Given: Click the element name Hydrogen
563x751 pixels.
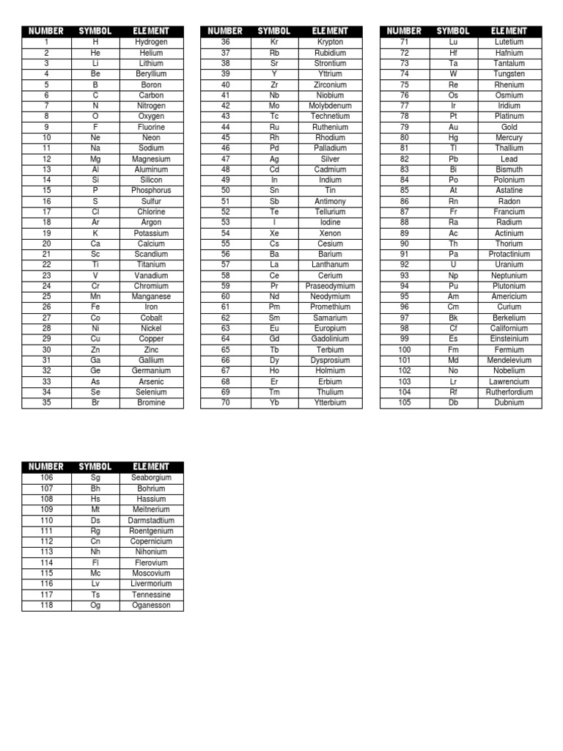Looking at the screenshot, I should coord(151,43).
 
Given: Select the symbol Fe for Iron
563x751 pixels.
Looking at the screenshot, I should coord(95,307).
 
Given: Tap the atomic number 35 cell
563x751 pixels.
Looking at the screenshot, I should coord(46,403).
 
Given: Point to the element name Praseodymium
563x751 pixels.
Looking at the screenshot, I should coord(330,286).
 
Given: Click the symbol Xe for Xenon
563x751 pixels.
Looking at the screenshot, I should coord(274,233).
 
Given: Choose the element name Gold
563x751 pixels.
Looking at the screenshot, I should coord(509,127).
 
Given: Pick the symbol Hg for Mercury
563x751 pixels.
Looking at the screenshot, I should coord(453,138).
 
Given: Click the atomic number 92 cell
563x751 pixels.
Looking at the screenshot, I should coord(404,265).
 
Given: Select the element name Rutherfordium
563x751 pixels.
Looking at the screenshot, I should coord(509,392).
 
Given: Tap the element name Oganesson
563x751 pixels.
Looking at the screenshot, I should coord(151,606).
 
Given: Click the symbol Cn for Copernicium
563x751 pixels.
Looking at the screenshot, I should coord(95,541).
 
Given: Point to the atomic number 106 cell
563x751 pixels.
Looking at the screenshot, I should coord(46,477).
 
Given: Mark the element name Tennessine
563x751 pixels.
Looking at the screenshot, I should coord(151,595).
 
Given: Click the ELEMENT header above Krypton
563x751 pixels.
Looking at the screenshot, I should coord(330,32).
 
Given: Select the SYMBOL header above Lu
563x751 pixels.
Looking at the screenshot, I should coord(453,32).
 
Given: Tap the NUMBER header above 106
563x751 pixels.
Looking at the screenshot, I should coord(46,466).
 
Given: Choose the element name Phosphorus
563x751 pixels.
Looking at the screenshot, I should coord(151,191).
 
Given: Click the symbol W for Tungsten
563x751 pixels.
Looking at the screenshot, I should coord(453,74).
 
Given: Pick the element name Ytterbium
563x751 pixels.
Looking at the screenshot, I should coord(330,403).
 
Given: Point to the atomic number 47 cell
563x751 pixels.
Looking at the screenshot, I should coord(225,159).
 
